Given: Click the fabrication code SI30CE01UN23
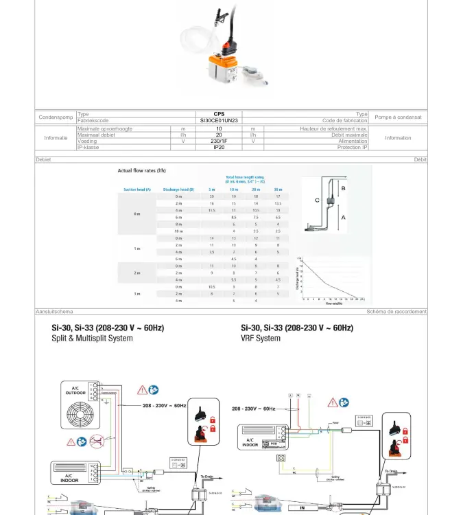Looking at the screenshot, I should [219, 120].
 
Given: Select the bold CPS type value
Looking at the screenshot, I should [219, 114].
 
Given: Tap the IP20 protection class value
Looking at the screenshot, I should [219, 147].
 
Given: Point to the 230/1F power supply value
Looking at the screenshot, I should [219, 141].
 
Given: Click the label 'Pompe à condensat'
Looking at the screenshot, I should [398, 117].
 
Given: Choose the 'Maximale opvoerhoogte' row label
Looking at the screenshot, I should [105, 128].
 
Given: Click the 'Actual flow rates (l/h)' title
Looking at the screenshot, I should [142, 170].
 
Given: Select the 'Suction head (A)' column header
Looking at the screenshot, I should [137, 189].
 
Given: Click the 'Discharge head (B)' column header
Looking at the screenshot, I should [178, 189].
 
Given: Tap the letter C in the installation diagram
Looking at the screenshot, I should [317, 201].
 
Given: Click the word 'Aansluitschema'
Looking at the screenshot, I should [54, 312].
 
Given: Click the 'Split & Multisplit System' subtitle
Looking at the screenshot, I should [93, 338].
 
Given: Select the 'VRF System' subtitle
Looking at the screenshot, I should [261, 338].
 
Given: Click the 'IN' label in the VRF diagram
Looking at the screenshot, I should [302, 508].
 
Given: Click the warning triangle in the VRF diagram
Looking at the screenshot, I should [332, 402].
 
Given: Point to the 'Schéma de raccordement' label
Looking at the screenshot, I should [396, 312].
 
